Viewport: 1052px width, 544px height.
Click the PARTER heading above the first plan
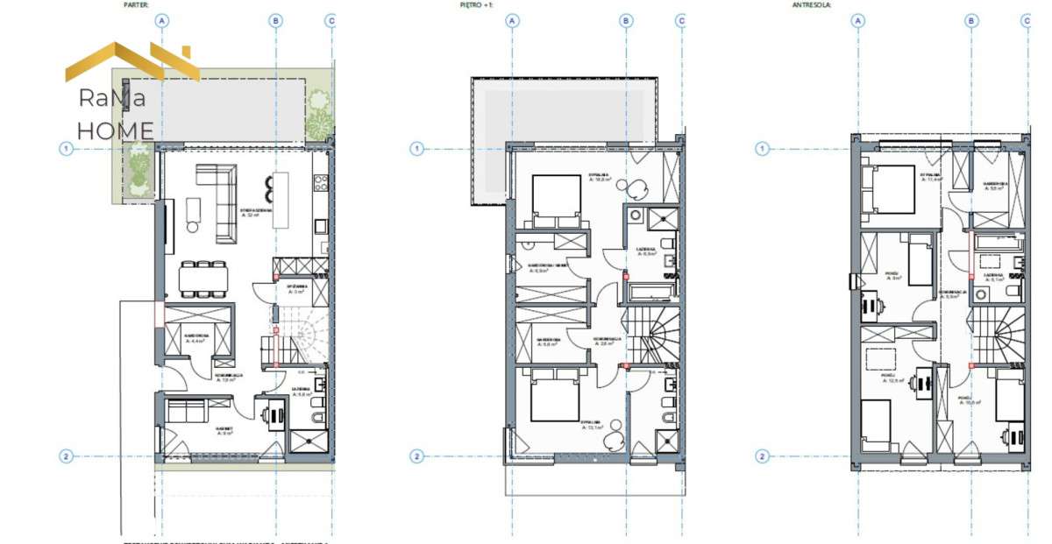coord(137,4)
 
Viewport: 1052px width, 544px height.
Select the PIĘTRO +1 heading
coord(477,4)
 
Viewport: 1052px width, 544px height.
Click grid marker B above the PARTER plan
coord(276,20)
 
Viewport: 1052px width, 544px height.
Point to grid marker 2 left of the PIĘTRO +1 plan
coord(416,456)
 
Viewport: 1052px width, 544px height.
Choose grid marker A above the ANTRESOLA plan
coord(858,20)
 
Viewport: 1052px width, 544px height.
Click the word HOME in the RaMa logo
coord(115,131)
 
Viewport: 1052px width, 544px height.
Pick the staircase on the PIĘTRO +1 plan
coord(656,334)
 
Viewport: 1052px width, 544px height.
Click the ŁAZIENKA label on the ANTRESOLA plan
coord(993,274)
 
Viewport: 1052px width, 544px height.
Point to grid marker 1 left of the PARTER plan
coord(66,149)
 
